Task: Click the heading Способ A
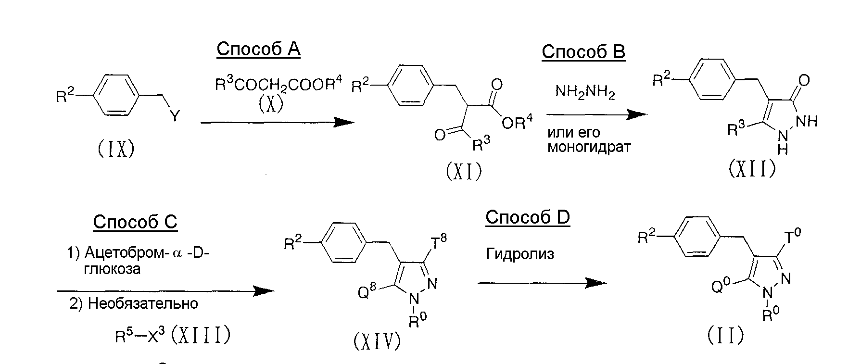point(258,49)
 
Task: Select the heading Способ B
point(583,51)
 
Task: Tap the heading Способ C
point(135,221)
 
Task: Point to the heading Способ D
point(528,217)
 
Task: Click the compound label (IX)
point(116,149)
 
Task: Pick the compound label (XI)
point(464,171)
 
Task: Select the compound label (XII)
point(751,168)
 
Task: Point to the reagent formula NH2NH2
point(585,91)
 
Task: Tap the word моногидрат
point(589,147)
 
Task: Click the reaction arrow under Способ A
point(277,122)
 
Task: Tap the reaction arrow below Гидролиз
point(542,283)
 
